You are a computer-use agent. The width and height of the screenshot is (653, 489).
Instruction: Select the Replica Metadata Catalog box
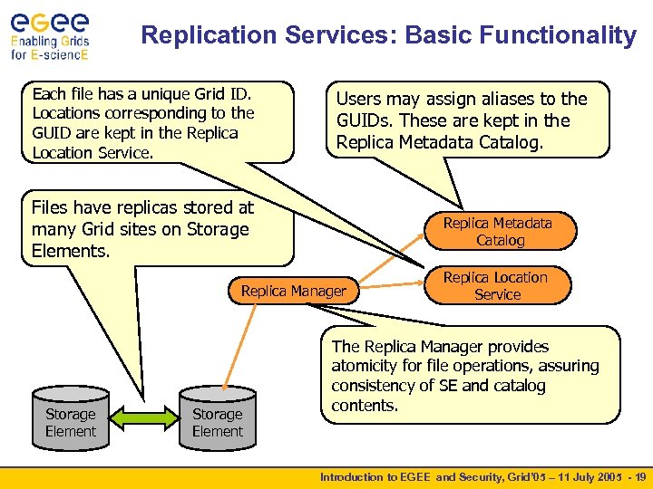tap(498, 232)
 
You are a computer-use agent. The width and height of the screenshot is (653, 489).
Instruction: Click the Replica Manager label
tap(293, 291)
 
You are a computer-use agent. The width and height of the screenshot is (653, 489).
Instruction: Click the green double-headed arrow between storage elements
tap(143, 421)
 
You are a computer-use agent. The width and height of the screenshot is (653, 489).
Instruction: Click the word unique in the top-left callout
tap(150, 93)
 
